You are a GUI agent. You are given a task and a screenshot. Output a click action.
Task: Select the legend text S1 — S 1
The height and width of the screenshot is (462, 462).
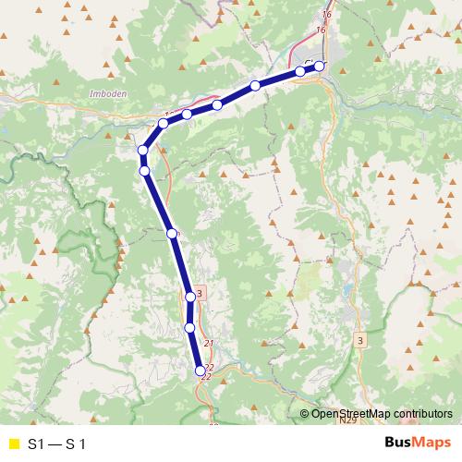click(x=56, y=444)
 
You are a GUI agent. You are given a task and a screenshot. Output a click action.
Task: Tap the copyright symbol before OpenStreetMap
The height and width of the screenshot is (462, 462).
click(x=304, y=414)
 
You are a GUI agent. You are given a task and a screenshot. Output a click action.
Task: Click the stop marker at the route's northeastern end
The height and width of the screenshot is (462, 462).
click(x=320, y=66)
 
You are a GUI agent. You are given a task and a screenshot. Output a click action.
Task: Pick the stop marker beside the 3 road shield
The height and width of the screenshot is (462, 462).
click(x=190, y=297)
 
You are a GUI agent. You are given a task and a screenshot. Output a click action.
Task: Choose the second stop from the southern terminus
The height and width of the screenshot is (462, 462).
click(x=189, y=327)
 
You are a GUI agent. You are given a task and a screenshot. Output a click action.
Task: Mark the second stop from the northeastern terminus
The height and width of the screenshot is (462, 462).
click(x=300, y=71)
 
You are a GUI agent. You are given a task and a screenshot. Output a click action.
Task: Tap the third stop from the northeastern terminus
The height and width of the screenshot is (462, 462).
click(x=255, y=86)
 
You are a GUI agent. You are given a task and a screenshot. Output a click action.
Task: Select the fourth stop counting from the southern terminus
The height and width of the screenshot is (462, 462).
click(x=172, y=234)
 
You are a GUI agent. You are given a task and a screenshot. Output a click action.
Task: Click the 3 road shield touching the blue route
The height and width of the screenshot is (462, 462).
click(x=200, y=293)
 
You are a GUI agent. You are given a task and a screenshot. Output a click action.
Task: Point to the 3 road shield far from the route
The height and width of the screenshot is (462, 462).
click(x=359, y=340)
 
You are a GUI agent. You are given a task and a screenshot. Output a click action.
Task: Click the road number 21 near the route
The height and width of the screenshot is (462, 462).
click(x=208, y=344)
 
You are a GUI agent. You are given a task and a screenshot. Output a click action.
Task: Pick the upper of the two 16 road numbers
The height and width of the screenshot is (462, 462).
click(x=326, y=15)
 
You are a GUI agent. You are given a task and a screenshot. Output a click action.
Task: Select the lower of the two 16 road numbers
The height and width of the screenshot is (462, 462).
click(x=321, y=30)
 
